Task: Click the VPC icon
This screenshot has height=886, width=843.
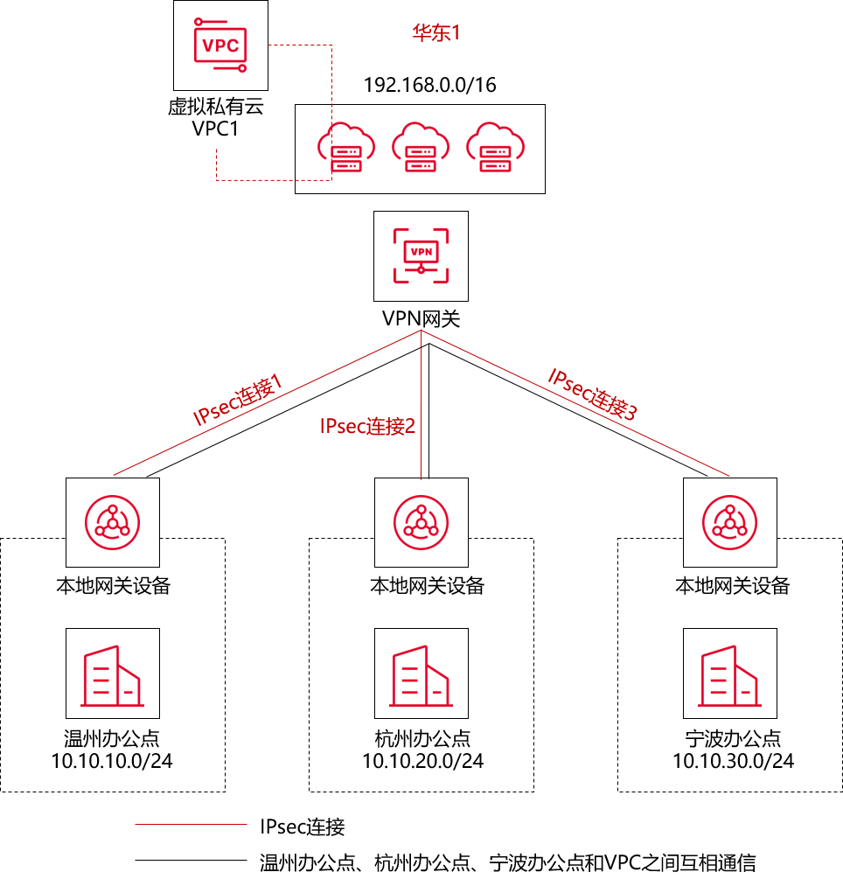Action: [x=220, y=45]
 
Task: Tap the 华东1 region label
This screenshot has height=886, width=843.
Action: [x=435, y=33]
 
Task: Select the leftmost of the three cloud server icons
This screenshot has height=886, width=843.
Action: [x=346, y=148]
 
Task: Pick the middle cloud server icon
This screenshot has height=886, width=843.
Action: [x=421, y=148]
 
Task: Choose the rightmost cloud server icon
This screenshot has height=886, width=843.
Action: [x=495, y=148]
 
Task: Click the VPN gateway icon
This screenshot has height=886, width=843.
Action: [x=421, y=256]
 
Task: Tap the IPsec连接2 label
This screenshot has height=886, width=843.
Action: [x=367, y=427]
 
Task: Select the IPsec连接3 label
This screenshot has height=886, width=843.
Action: [x=593, y=395]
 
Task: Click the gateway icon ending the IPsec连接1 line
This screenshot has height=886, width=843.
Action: [x=113, y=522]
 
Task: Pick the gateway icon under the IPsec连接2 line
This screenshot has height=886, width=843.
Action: [x=421, y=522]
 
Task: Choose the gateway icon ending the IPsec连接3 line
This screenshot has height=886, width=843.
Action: [x=730, y=522]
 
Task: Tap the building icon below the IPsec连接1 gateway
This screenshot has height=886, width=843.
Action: [x=113, y=673]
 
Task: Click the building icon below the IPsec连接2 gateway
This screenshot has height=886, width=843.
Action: [x=421, y=673]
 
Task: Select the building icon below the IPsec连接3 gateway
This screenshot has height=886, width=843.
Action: [x=730, y=673]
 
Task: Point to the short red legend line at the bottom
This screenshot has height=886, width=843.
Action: [x=191, y=824]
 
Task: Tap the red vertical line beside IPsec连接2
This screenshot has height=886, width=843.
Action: [x=421, y=367]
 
